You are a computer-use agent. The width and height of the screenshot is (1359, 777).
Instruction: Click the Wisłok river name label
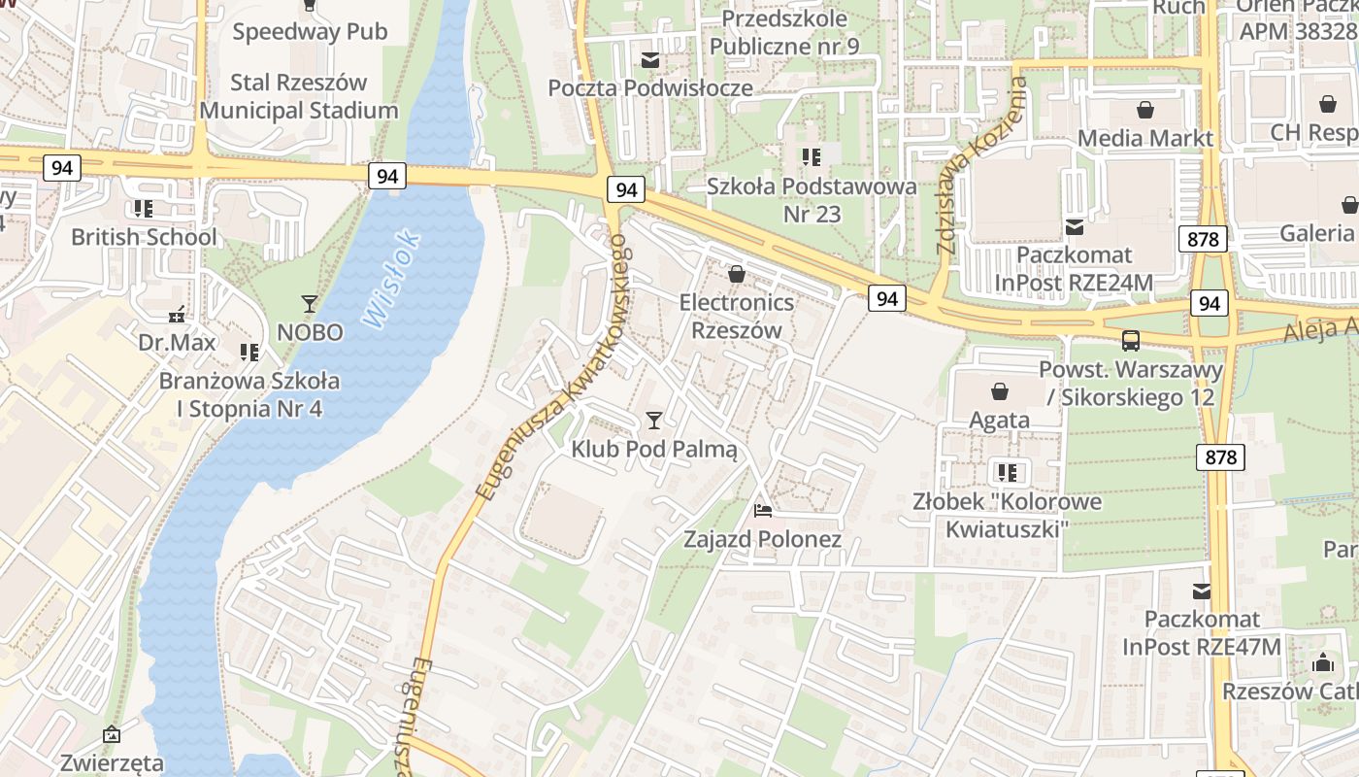pos(392,278)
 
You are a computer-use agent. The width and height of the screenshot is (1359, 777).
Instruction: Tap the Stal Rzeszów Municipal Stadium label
pos(299,96)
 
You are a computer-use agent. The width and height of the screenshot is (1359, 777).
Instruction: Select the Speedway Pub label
pos(310,32)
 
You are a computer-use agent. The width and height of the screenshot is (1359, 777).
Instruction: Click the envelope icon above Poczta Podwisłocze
pos(650,61)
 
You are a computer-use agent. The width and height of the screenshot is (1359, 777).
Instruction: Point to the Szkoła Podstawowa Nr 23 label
pos(812,200)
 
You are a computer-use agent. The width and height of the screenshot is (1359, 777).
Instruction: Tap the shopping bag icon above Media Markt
pos(1145,110)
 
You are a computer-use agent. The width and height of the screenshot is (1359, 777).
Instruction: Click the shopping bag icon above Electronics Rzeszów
pos(737,275)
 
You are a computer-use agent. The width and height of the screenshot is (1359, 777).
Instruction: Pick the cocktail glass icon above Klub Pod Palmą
pos(654,421)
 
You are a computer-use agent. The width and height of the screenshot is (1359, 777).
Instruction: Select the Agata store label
pos(1000,421)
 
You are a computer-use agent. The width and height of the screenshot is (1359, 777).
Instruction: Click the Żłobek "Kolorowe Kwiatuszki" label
pos(1007,516)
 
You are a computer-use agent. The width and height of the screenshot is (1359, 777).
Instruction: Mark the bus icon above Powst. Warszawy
pos(1131,341)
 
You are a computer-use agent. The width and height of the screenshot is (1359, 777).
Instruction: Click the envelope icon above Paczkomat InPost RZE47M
pos(1202,591)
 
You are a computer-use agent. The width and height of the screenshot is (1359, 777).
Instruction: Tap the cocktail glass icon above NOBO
pos(310,304)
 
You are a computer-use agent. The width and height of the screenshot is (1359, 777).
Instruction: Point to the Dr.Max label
pos(177,343)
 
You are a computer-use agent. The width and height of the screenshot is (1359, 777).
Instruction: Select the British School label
pos(144,237)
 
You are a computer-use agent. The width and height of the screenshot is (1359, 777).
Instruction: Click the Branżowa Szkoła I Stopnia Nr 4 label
pos(249,394)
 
